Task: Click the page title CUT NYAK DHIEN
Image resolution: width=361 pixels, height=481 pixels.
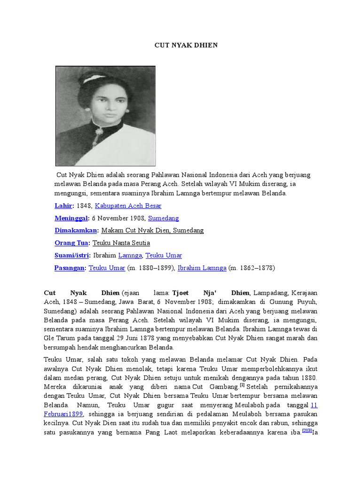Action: pyautogui.click(x=186, y=45)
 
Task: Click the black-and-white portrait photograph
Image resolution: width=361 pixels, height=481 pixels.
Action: pyautogui.click(x=105, y=116)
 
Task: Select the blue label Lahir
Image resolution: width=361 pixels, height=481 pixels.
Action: pyautogui.click(x=63, y=206)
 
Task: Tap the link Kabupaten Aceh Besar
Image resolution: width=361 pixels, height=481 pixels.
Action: pyautogui.click(x=128, y=206)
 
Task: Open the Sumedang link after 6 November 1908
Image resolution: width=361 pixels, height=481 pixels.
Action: pyautogui.click(x=164, y=218)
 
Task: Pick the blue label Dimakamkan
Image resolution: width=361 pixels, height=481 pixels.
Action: pyautogui.click(x=76, y=230)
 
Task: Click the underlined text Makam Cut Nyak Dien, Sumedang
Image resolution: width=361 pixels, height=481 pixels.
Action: pyautogui.click(x=152, y=230)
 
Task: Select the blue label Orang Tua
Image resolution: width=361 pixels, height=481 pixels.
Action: pyautogui.click(x=71, y=243)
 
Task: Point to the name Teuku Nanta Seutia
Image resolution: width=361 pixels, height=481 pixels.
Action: pyautogui.click(x=121, y=243)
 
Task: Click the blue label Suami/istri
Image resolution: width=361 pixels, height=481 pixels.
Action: pyautogui.click(x=72, y=255)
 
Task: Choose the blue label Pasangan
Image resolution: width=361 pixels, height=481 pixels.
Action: pyautogui.click(x=70, y=268)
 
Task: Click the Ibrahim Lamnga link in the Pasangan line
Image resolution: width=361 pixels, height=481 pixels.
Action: pyautogui.click(x=202, y=268)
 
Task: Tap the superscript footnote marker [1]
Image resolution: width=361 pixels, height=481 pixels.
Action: pyautogui.click(x=242, y=385)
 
